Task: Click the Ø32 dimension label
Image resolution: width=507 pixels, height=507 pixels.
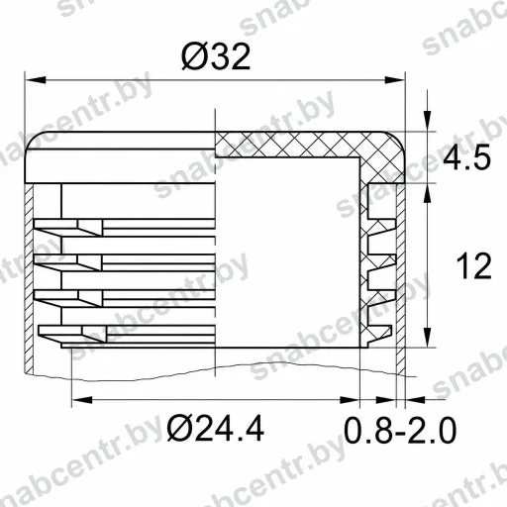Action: [x=216, y=56]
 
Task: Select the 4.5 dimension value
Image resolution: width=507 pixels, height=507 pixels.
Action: [x=466, y=157]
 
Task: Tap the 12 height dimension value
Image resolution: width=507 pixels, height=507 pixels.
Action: [x=474, y=265]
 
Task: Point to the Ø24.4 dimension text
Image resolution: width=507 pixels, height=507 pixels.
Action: [x=215, y=428]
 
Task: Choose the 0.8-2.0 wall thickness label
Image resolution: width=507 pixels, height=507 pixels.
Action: [x=400, y=430]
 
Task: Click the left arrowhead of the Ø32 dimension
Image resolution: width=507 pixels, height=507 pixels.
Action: [x=36, y=80]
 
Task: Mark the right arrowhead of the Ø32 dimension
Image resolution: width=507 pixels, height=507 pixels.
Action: [x=394, y=80]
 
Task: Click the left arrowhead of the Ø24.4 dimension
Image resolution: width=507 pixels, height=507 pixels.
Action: [x=82, y=400]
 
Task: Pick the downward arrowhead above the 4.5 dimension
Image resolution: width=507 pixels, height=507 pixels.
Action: [x=428, y=122]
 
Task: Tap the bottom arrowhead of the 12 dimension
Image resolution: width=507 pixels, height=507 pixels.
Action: [x=428, y=337]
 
